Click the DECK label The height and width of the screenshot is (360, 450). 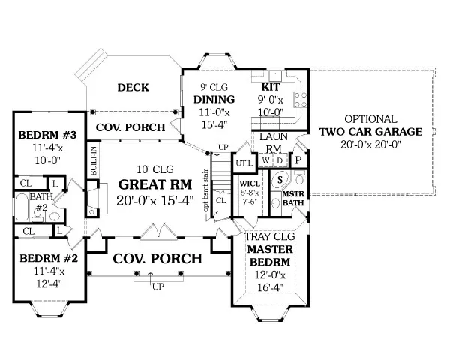coord(133,88)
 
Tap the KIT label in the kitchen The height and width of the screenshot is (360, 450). coord(271,86)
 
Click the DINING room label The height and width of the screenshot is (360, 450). coord(214,100)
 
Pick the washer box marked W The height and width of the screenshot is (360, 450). coord(265,160)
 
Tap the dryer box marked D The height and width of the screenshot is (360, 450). coord(279,160)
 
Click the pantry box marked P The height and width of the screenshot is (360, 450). coord(297,160)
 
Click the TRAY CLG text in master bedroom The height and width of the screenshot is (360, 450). coord(268,238)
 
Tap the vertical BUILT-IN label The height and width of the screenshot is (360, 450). coord(94,160)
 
